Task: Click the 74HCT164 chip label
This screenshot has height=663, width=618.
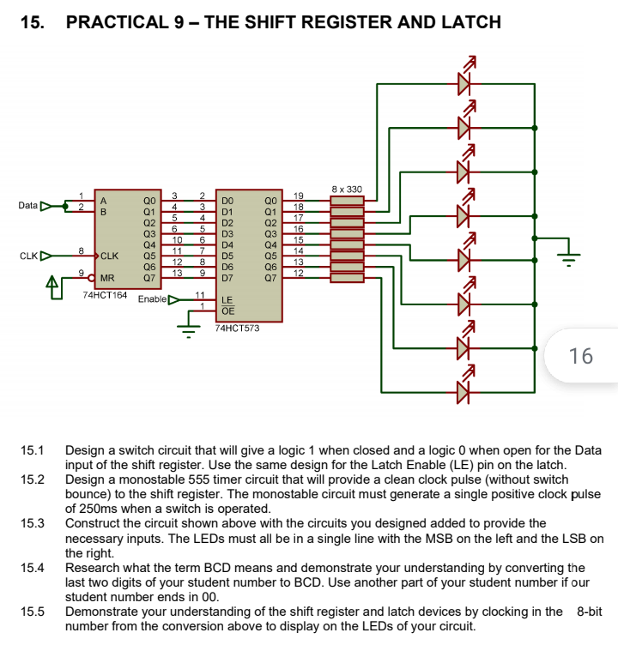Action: point(105,295)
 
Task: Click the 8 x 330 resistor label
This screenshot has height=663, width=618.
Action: point(347,189)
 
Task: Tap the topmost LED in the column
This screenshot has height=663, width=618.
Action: point(464,82)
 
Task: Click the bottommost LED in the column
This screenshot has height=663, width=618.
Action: point(464,391)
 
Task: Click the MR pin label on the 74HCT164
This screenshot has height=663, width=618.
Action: point(107,277)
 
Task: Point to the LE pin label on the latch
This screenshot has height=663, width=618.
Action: point(227,300)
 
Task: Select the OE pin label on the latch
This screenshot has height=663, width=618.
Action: point(227,310)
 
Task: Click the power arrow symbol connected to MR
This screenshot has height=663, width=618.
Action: point(53,282)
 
